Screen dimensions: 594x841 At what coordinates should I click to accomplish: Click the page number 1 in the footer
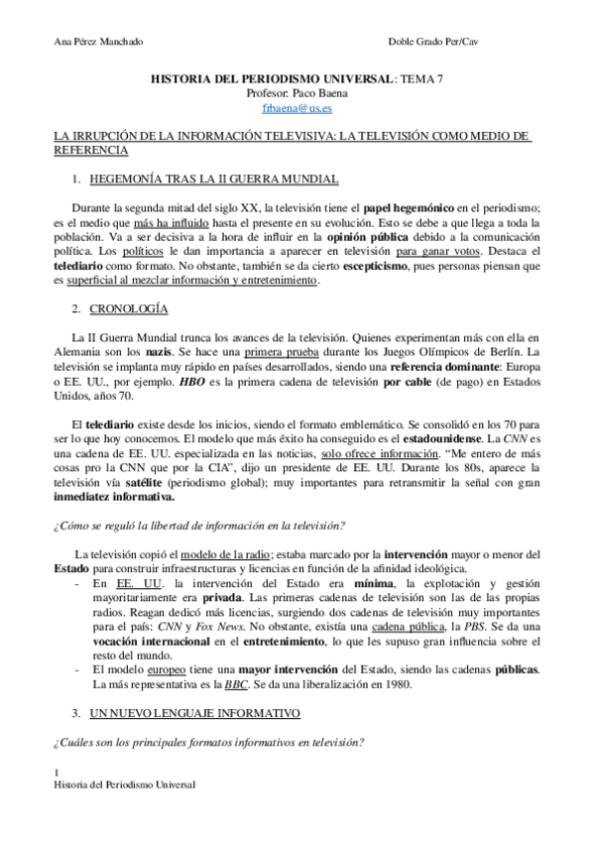[56, 773]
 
